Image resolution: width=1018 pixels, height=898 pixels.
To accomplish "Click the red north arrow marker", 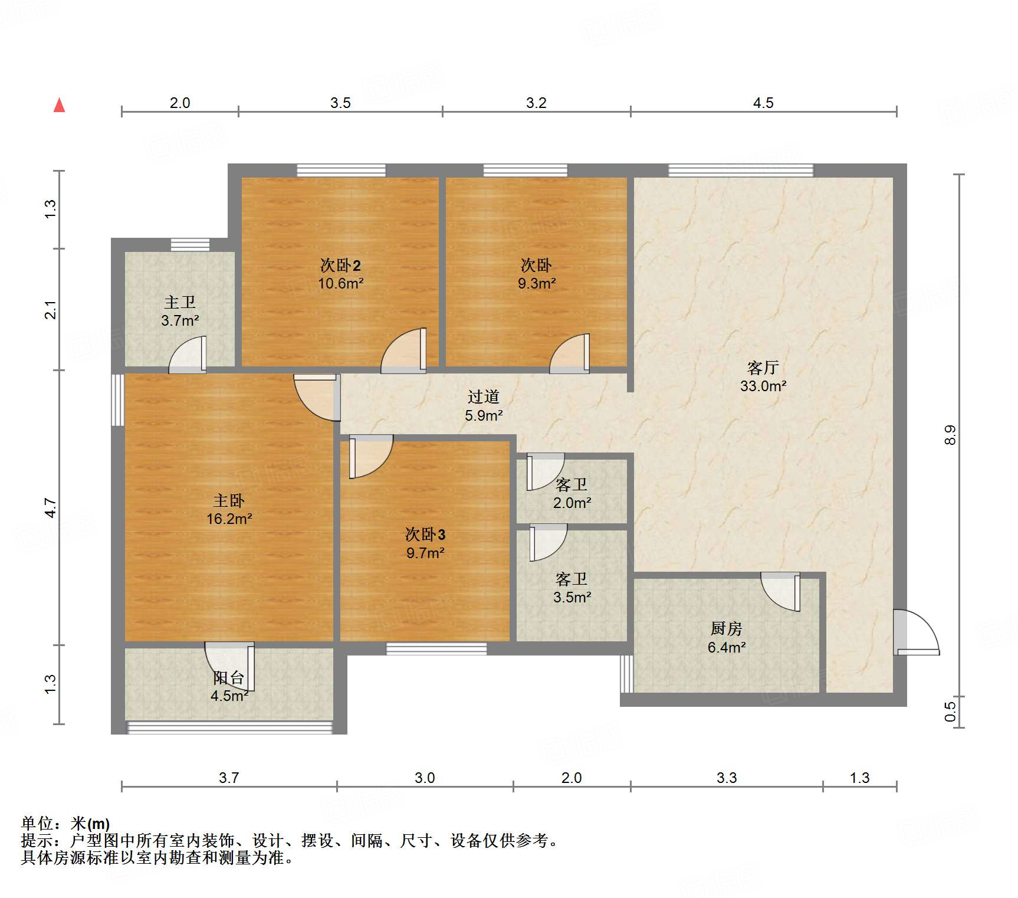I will [x=60, y=105].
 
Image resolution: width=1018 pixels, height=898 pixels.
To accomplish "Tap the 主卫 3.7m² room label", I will [x=180, y=312].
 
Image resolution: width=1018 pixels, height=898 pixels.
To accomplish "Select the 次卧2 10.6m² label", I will [x=340, y=274].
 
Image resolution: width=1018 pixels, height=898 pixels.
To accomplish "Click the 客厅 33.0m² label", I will [x=763, y=377].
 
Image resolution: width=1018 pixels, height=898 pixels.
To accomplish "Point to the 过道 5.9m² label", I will [x=484, y=406].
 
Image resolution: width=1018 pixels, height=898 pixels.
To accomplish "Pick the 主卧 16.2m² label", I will [x=229, y=510].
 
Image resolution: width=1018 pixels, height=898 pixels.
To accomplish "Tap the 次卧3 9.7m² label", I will [x=425, y=543].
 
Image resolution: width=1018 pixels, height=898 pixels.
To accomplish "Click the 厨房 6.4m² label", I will [x=727, y=638].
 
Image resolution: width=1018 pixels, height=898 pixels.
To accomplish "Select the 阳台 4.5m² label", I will [x=229, y=687].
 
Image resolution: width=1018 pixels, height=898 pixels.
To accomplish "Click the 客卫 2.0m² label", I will [x=572, y=494].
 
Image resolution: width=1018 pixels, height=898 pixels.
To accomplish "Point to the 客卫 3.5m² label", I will [x=572, y=588].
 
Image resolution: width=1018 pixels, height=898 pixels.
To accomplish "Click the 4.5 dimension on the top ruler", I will [x=763, y=103].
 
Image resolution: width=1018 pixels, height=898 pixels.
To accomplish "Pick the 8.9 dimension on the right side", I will [x=950, y=435].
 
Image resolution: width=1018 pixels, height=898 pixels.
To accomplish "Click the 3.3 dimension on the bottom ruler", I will [x=727, y=778].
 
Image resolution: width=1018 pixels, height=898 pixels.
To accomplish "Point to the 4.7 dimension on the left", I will [x=51, y=507].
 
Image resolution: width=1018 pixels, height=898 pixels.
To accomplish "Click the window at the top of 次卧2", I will [x=341, y=171].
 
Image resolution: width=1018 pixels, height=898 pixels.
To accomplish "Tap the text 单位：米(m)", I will [x=65, y=823].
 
